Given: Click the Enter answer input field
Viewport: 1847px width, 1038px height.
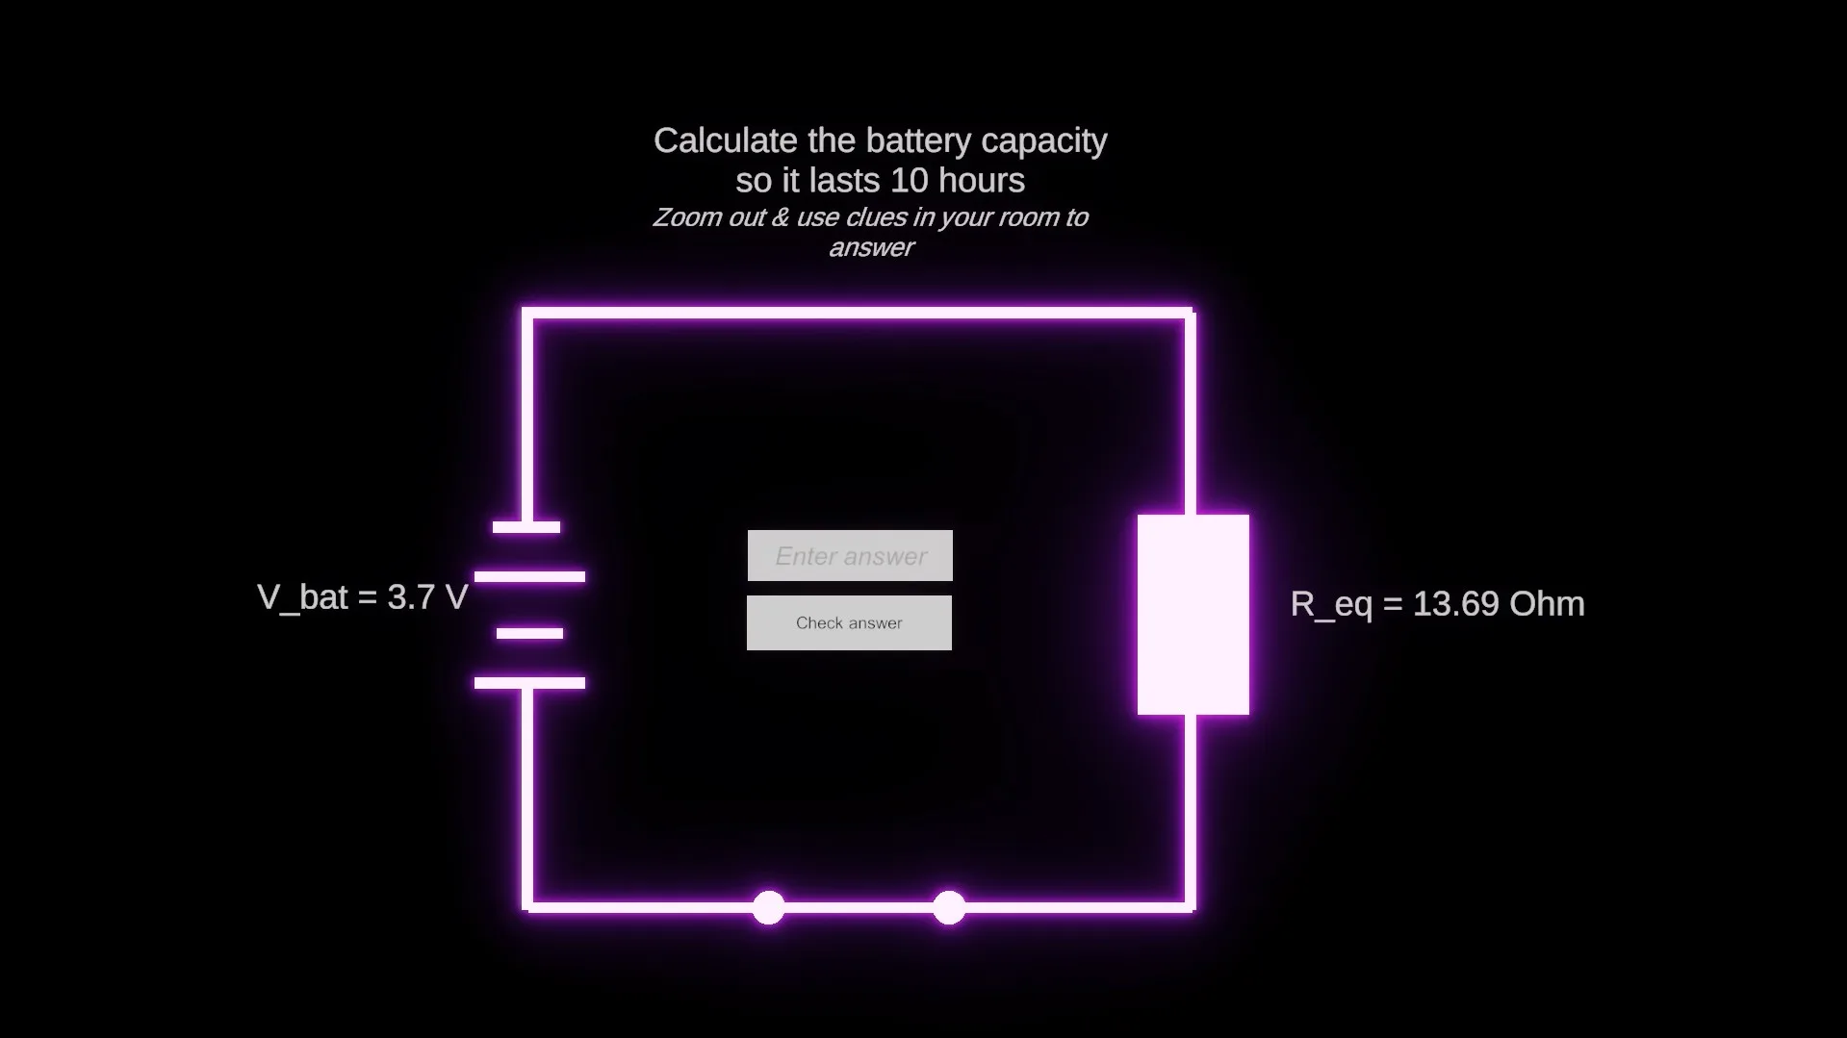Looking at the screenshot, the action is [850, 555].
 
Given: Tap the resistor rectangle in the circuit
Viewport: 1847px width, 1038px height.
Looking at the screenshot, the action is [1193, 615].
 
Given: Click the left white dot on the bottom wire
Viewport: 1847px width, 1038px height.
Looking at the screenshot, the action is [768, 907].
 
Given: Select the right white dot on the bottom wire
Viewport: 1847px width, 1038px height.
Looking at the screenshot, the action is [949, 907].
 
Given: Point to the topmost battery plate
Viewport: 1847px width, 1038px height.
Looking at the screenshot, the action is [526, 527].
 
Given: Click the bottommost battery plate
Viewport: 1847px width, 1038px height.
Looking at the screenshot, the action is [529, 683].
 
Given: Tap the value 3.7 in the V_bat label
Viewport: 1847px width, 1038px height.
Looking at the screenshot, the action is [411, 597].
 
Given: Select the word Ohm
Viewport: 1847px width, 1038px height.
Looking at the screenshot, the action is [1547, 603].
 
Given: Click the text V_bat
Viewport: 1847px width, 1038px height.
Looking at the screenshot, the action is [302, 598].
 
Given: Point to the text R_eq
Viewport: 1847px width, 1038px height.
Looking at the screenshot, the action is [1331, 605].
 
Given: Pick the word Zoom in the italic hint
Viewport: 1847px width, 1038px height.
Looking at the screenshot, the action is [687, 217].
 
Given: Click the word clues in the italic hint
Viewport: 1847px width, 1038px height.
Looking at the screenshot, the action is [876, 217].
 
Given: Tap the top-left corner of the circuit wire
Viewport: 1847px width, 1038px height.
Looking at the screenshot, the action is [527, 313].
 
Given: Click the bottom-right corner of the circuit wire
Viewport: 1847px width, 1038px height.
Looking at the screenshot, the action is [1191, 906].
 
